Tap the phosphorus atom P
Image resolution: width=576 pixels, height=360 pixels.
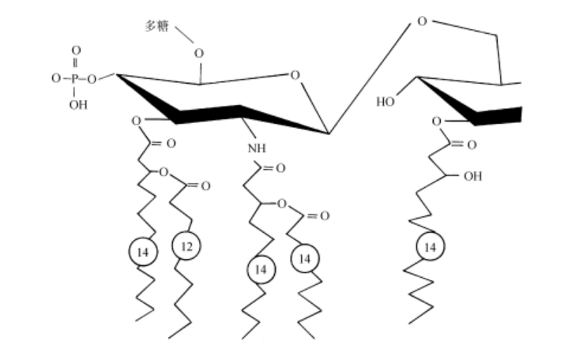76,79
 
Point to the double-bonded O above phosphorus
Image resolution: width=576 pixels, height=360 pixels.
76,51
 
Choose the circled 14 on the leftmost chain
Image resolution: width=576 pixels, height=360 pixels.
143,252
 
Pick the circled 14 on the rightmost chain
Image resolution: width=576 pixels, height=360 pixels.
430,247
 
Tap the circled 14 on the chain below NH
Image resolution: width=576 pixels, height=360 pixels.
258,270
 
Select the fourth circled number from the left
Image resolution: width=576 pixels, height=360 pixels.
305,257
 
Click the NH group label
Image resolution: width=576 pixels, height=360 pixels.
254,148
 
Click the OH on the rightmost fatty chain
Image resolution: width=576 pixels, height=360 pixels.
472,175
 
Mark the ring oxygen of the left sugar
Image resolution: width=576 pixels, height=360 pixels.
295,76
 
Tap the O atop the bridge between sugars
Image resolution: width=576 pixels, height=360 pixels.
421,21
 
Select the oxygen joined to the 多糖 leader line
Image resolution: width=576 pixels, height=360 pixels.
198,54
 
